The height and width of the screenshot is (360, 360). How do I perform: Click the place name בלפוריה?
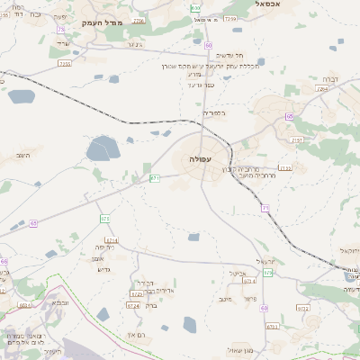217,112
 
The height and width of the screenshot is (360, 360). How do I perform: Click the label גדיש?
101,270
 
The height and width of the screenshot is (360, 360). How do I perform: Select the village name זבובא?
59,302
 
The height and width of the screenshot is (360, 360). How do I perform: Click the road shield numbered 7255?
64,64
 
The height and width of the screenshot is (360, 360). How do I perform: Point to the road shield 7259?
230,18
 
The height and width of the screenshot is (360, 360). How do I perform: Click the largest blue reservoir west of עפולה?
103,148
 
